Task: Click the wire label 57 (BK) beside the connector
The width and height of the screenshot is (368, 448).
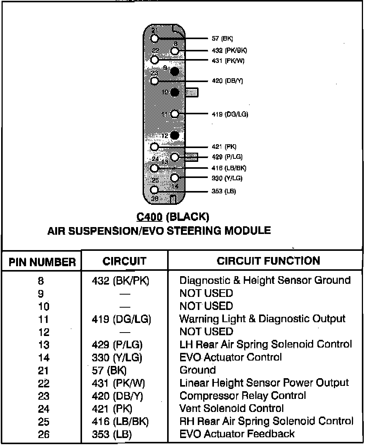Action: pos(222,39)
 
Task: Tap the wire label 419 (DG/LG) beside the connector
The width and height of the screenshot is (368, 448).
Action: pos(230,114)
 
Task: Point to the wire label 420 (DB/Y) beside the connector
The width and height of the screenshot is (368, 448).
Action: pos(227,81)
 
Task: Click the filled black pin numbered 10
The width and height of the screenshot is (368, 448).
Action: pos(175,92)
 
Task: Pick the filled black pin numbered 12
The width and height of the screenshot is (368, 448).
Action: pos(175,135)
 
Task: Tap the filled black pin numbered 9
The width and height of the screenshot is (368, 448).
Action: pos(175,71)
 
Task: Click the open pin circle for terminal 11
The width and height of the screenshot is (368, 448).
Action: pos(175,114)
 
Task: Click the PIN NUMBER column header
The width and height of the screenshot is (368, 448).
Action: pos(42,262)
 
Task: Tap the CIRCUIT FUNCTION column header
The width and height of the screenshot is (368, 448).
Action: pos(268,261)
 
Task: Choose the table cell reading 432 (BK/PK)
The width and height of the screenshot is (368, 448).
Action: pos(121,280)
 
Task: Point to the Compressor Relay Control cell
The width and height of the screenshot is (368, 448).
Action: pos(243,395)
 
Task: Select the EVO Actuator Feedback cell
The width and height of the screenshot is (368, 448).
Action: pos(237,434)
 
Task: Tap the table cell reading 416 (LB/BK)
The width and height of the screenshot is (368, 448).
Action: pos(120,421)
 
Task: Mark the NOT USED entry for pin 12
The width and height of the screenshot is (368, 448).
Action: pos(206,332)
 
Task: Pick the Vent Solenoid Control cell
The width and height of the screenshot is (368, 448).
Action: pos(232,408)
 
